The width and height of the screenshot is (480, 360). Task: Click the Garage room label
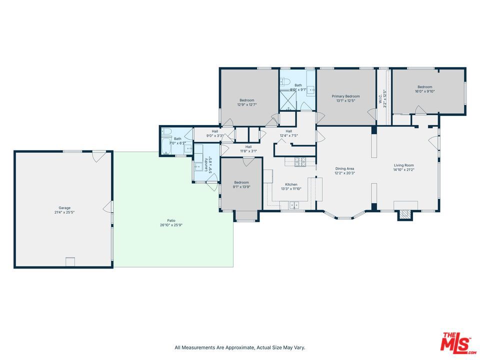64,208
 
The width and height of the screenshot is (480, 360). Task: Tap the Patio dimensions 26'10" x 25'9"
171,225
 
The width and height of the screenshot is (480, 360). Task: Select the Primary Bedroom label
345,96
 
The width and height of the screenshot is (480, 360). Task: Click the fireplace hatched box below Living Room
404,214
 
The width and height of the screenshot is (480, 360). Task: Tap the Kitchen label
291,184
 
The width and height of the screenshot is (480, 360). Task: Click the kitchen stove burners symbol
300,161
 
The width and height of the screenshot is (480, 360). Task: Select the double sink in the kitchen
294,205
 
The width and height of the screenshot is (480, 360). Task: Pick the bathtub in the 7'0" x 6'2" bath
166,146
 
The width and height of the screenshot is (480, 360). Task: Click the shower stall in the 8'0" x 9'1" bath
288,100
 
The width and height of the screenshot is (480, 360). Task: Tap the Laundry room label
206,165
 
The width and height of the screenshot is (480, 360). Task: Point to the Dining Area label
344,168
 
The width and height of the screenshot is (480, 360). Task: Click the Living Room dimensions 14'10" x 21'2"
404,169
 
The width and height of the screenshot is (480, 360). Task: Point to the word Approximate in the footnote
239,347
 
